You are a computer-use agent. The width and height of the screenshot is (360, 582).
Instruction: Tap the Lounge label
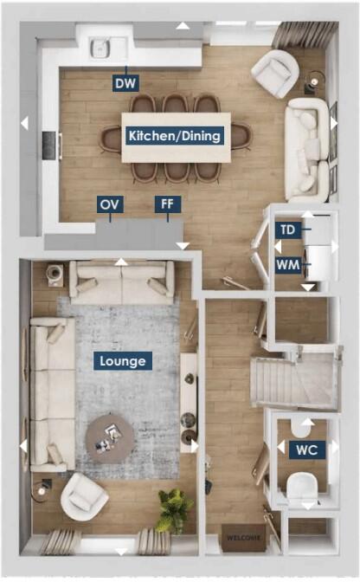122,360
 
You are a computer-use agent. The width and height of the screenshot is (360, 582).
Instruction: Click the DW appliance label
125,83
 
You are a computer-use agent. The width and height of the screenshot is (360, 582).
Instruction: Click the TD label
288,230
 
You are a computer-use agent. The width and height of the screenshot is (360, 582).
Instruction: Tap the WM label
288,263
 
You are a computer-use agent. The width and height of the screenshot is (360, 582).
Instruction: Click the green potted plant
174,508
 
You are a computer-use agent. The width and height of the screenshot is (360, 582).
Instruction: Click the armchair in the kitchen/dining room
274,74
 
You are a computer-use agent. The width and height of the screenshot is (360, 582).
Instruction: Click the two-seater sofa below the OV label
121,281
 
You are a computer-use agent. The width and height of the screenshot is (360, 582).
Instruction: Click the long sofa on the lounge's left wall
49,393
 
